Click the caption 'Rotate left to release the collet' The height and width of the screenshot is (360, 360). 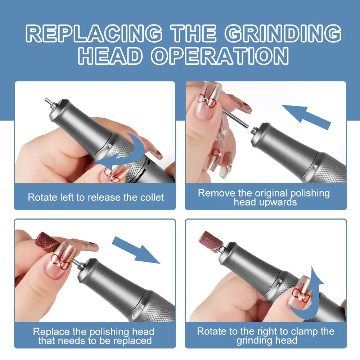click(96, 197)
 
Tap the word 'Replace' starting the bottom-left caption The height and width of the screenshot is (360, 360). click(50, 331)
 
